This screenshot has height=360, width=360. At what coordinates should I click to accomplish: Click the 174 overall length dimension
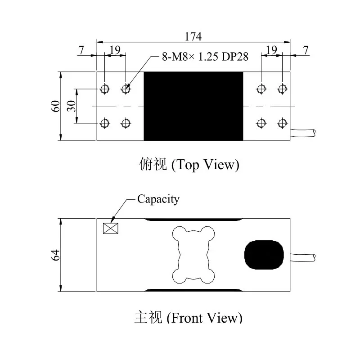193,36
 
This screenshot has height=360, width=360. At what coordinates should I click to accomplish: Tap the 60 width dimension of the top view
55,106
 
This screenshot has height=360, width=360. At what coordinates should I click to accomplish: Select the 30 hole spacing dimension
72,106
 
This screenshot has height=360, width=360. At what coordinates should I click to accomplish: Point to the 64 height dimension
55,255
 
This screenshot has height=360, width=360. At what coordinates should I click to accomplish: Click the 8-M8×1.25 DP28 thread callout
205,57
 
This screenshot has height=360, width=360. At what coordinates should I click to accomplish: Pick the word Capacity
158,199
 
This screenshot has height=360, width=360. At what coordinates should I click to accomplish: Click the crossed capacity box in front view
111,229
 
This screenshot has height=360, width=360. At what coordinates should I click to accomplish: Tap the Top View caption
189,164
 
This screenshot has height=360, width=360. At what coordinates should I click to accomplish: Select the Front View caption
188,318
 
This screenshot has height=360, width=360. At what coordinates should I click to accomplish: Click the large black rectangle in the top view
193,106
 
